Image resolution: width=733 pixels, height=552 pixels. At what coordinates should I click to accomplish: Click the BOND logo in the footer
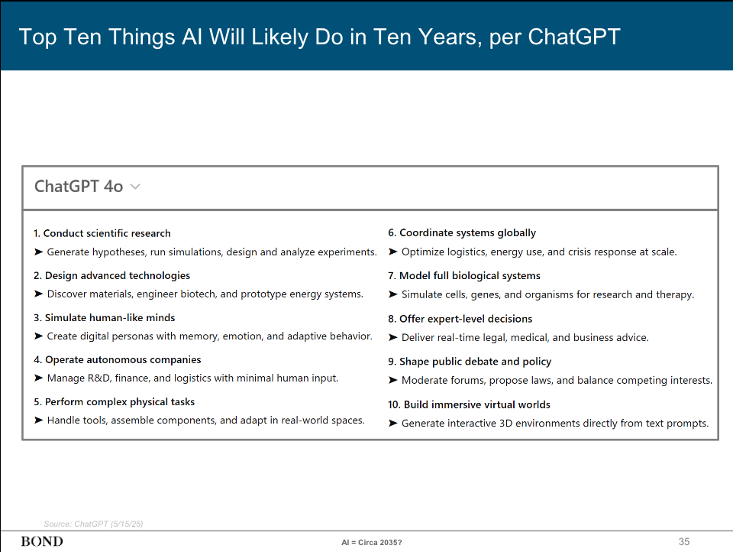42,541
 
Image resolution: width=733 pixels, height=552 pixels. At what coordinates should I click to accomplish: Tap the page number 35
684,541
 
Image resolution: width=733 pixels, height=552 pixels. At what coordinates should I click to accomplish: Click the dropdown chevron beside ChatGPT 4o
135,187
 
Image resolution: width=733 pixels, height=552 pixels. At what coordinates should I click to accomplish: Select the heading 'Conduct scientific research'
107,233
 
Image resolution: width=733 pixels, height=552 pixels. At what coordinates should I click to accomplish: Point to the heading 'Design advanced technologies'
117,275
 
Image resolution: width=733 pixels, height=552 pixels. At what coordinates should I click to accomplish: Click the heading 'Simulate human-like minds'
110,317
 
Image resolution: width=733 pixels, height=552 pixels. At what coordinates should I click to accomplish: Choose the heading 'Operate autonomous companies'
123,359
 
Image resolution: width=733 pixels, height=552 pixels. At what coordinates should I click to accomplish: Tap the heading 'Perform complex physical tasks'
119,401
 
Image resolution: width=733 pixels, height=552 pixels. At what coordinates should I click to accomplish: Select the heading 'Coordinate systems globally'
467,232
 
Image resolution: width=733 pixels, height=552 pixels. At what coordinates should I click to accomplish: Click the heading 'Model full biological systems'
470,275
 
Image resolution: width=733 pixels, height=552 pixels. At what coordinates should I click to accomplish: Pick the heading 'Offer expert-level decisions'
466,318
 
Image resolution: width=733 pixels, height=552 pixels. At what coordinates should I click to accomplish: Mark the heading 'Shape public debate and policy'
475,361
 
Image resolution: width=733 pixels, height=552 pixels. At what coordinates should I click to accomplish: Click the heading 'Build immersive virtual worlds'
476,404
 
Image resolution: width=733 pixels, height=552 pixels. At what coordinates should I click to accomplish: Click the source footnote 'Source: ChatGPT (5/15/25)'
94,524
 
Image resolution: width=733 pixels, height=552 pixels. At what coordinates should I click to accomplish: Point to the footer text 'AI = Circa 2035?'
372,542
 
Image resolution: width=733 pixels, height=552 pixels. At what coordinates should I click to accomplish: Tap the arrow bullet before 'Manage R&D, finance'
38,378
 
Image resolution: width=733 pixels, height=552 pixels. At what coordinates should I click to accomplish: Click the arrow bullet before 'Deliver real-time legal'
393,337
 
